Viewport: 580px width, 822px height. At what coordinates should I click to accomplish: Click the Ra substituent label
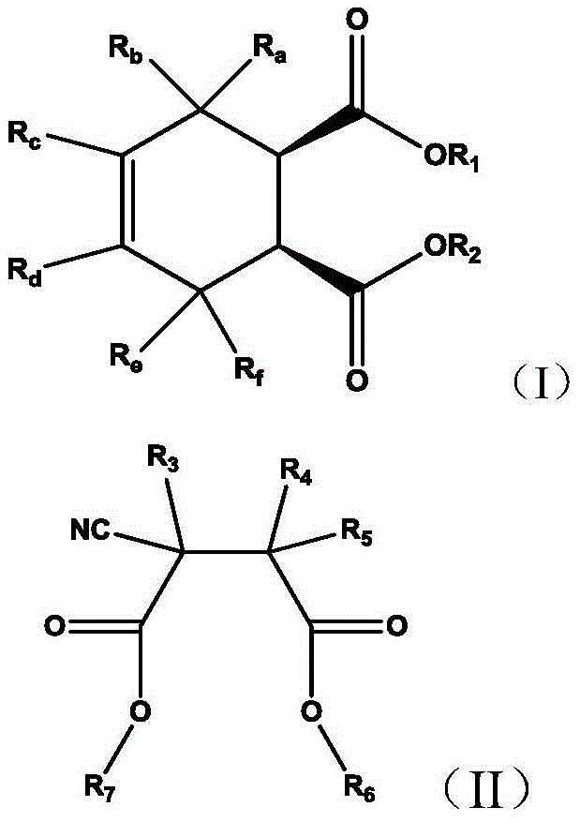[269, 50]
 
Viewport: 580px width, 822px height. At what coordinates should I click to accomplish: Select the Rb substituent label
[126, 50]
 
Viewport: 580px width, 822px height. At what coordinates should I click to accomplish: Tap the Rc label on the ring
[24, 136]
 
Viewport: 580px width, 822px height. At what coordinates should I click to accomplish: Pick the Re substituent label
[126, 358]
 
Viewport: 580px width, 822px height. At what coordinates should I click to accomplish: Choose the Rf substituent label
[249, 371]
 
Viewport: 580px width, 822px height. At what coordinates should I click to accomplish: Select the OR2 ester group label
[453, 249]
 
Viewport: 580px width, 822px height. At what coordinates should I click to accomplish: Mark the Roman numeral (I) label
[541, 381]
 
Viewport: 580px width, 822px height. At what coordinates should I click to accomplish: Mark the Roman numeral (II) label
[486, 789]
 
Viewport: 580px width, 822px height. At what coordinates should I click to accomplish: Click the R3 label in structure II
[163, 460]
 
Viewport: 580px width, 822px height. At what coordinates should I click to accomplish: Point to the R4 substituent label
[296, 473]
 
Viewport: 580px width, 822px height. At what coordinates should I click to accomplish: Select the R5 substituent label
[357, 532]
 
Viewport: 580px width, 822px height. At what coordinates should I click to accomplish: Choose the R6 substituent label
[360, 789]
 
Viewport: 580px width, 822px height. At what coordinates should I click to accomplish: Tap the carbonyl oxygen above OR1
[357, 20]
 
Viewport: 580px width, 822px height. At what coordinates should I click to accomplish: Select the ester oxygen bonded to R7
[141, 711]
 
